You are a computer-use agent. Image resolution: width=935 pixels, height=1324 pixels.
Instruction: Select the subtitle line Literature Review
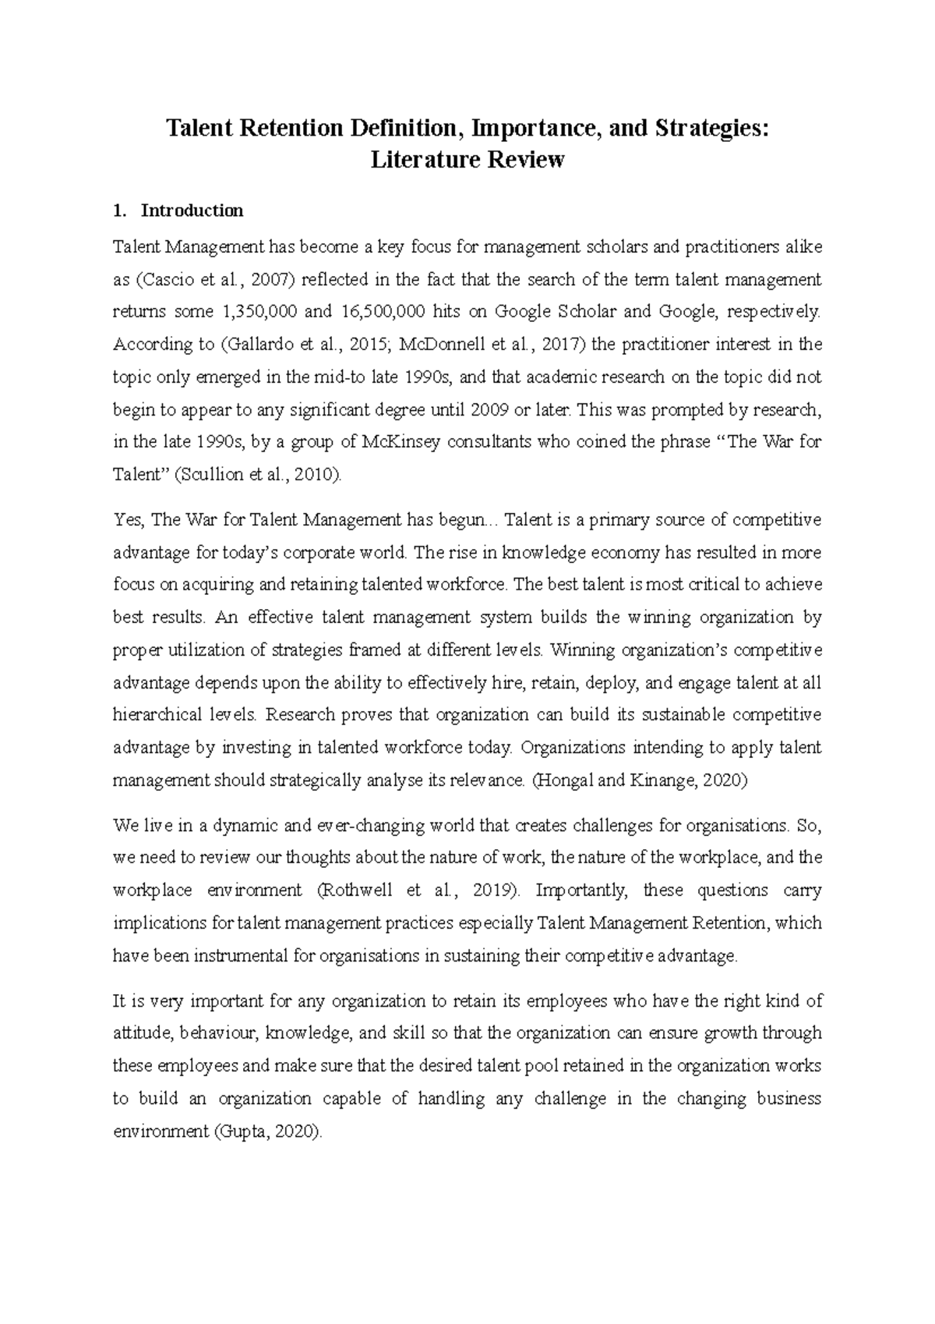[x=467, y=161]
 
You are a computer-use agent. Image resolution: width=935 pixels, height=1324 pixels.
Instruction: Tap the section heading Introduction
[x=192, y=211]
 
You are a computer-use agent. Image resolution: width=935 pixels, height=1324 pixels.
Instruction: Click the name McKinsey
[x=402, y=442]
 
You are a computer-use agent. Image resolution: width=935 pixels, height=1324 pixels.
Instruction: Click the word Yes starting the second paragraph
[x=128, y=520]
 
